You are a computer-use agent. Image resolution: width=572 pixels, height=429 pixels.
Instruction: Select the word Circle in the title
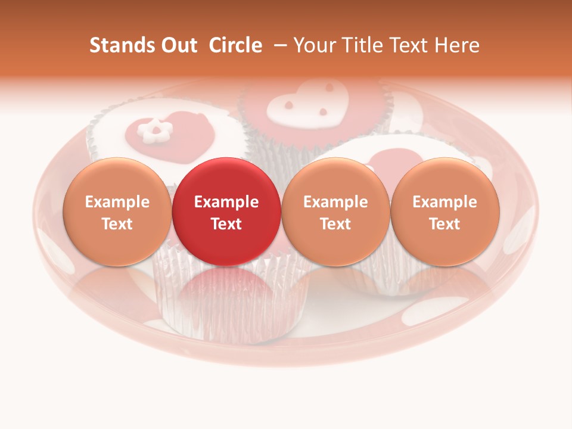[235, 45]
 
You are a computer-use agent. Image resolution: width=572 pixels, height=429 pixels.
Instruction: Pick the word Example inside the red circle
[226, 202]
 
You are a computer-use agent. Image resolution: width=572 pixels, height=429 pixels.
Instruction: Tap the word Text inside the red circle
[226, 224]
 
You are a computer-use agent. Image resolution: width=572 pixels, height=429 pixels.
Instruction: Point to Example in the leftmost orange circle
[117, 202]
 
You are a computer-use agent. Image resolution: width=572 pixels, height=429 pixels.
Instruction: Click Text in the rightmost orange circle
[445, 224]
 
